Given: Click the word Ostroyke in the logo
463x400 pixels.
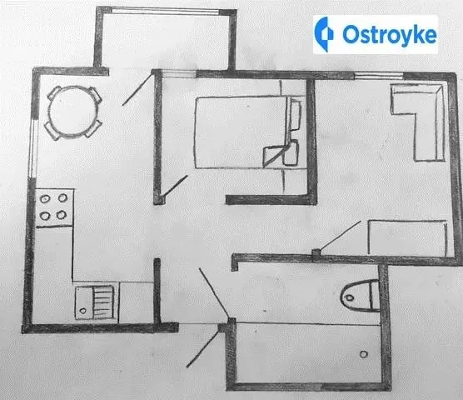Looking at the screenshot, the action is pos(390,34).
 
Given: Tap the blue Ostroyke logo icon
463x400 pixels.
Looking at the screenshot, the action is pos(323,34).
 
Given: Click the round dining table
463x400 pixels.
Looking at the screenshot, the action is pos(73,112).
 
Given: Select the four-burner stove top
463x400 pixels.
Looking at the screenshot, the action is pos(54,207).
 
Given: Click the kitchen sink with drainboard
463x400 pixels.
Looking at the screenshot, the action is pos(95,302).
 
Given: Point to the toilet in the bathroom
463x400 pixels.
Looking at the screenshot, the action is pos(360,296).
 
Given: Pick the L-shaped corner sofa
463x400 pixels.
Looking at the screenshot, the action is pos(418,122).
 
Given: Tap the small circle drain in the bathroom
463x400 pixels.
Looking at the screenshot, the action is pos(364,354).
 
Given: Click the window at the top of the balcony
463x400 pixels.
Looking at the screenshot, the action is pos(166,11).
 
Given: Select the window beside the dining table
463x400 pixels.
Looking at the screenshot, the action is pos(32,148).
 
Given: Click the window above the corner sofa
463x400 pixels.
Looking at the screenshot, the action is pos(379,76).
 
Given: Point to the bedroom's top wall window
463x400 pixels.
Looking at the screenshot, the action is pos(179,73).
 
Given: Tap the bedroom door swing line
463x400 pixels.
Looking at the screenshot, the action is pos(176,186).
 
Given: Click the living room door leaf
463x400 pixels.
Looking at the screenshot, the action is pos(340,236).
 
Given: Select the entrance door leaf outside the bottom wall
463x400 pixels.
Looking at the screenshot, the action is pos(203,349).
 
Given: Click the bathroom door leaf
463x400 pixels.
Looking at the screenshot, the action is pos(214,293).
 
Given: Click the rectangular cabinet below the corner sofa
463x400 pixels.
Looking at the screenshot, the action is pos(407,238).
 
